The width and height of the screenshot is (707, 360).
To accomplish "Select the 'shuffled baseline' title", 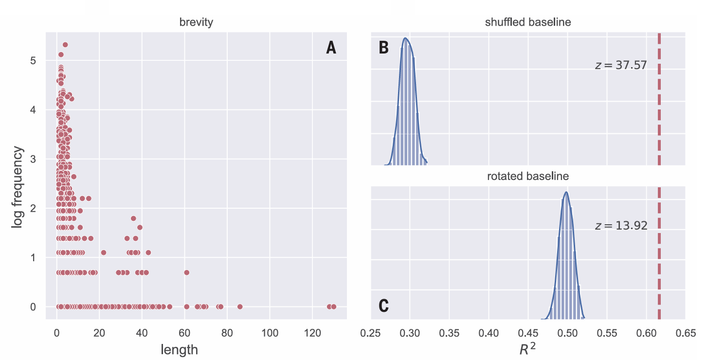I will [x=528, y=22].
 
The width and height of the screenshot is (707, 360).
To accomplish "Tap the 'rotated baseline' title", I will [x=528, y=176].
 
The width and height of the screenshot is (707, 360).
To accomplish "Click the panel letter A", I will [x=331, y=48].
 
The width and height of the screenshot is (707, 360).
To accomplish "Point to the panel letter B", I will [x=383, y=48].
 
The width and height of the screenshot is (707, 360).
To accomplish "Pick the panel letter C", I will [x=383, y=306].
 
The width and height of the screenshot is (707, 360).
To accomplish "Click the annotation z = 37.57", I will [x=621, y=65].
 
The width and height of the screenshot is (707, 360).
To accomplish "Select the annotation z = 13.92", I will [x=621, y=226].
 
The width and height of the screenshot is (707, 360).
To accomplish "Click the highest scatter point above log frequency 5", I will [x=65, y=45].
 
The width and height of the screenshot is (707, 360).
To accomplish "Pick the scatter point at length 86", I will [x=240, y=306].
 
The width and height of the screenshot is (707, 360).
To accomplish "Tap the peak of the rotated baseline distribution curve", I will [x=566, y=192].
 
